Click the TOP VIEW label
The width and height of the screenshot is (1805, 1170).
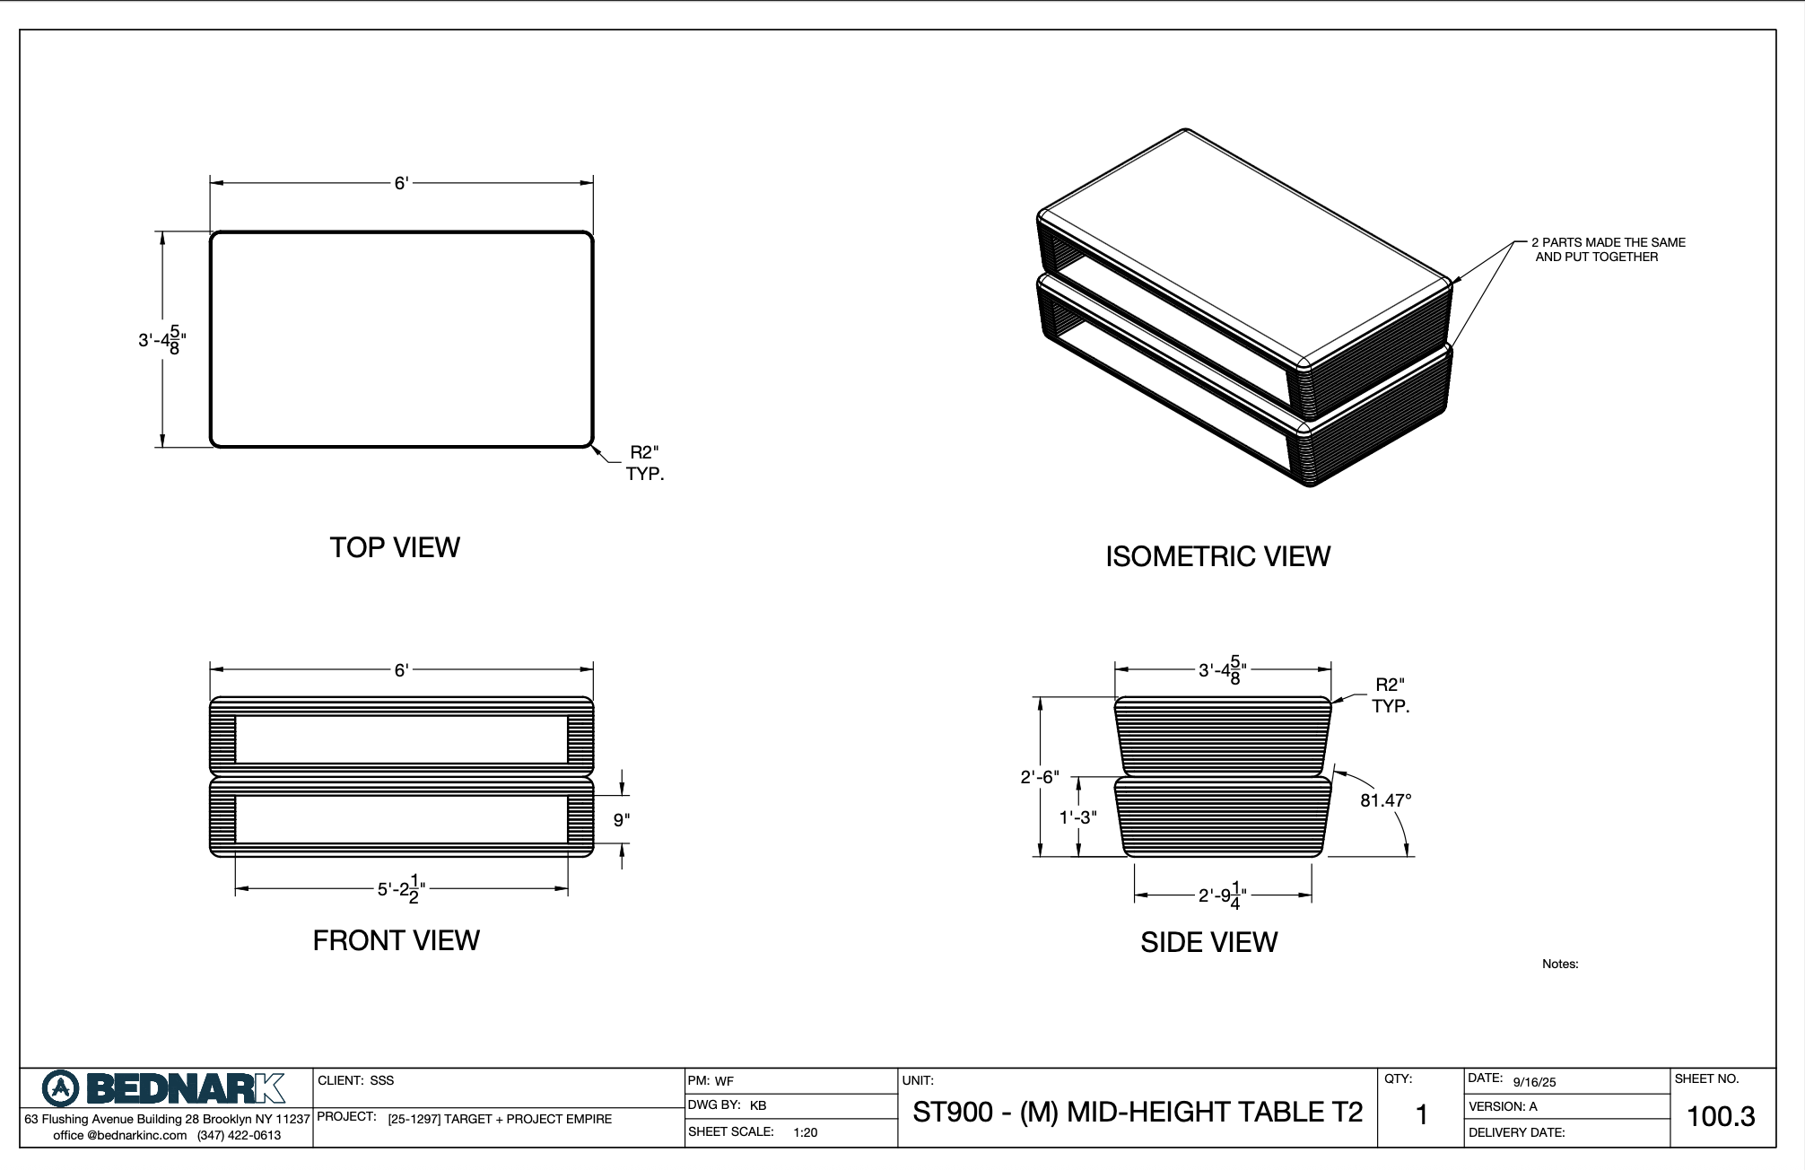pyautogui.click(x=395, y=547)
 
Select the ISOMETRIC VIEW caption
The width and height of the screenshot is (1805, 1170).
pyautogui.click(x=1217, y=556)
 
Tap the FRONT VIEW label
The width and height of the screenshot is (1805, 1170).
pyautogui.click(x=396, y=940)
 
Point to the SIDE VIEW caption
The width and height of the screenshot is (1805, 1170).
pyautogui.click(x=1208, y=942)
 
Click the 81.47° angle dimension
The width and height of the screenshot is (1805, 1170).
pyautogui.click(x=1385, y=800)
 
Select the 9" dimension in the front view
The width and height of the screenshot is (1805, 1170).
pyautogui.click(x=622, y=819)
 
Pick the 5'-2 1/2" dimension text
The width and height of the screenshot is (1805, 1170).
pyautogui.click(x=401, y=888)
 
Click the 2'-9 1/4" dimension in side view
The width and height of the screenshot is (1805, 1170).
pyautogui.click(x=1223, y=895)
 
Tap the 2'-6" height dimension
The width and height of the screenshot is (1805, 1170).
pyautogui.click(x=1039, y=777)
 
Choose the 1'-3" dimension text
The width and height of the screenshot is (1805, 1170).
pyautogui.click(x=1077, y=817)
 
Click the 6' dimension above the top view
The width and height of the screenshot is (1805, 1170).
pyautogui.click(x=401, y=183)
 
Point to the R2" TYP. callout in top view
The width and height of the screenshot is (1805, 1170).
pyautogui.click(x=645, y=463)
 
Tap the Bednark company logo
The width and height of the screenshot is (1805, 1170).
pyautogui.click(x=163, y=1089)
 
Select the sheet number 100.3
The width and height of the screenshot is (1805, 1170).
pyautogui.click(x=1721, y=1116)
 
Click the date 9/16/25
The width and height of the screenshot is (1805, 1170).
pyautogui.click(x=1534, y=1082)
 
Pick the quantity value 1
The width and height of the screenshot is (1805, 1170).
pyautogui.click(x=1421, y=1115)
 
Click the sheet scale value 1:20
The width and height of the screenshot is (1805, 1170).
pyautogui.click(x=805, y=1132)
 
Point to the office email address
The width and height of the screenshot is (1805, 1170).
pyautogui.click(x=119, y=1135)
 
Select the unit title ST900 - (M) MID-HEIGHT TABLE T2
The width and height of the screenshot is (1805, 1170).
pyautogui.click(x=1138, y=1113)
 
